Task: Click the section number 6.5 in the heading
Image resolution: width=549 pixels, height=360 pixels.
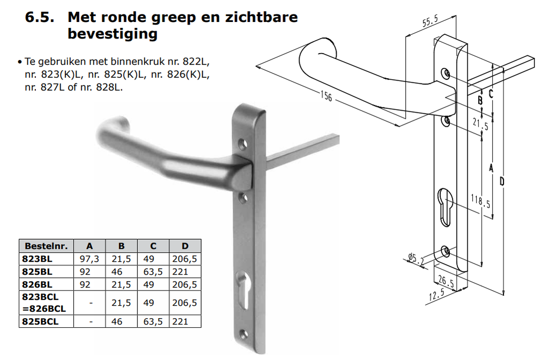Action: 40,17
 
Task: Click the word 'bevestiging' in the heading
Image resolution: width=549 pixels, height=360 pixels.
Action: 113,34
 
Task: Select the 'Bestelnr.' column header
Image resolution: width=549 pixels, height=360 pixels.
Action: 46,246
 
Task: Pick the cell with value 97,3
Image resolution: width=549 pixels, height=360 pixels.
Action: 89,259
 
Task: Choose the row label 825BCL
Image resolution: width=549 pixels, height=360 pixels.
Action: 40,321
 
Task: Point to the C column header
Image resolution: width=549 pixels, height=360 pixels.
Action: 153,246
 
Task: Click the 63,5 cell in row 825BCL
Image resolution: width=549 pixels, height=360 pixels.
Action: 153,321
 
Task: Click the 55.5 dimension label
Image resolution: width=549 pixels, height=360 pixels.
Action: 430,22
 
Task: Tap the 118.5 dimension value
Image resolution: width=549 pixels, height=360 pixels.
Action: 481,203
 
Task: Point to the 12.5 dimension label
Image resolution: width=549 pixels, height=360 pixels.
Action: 436,295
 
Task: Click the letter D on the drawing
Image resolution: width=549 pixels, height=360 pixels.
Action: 501,182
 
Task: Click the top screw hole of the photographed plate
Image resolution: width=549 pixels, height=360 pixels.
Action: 244,144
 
